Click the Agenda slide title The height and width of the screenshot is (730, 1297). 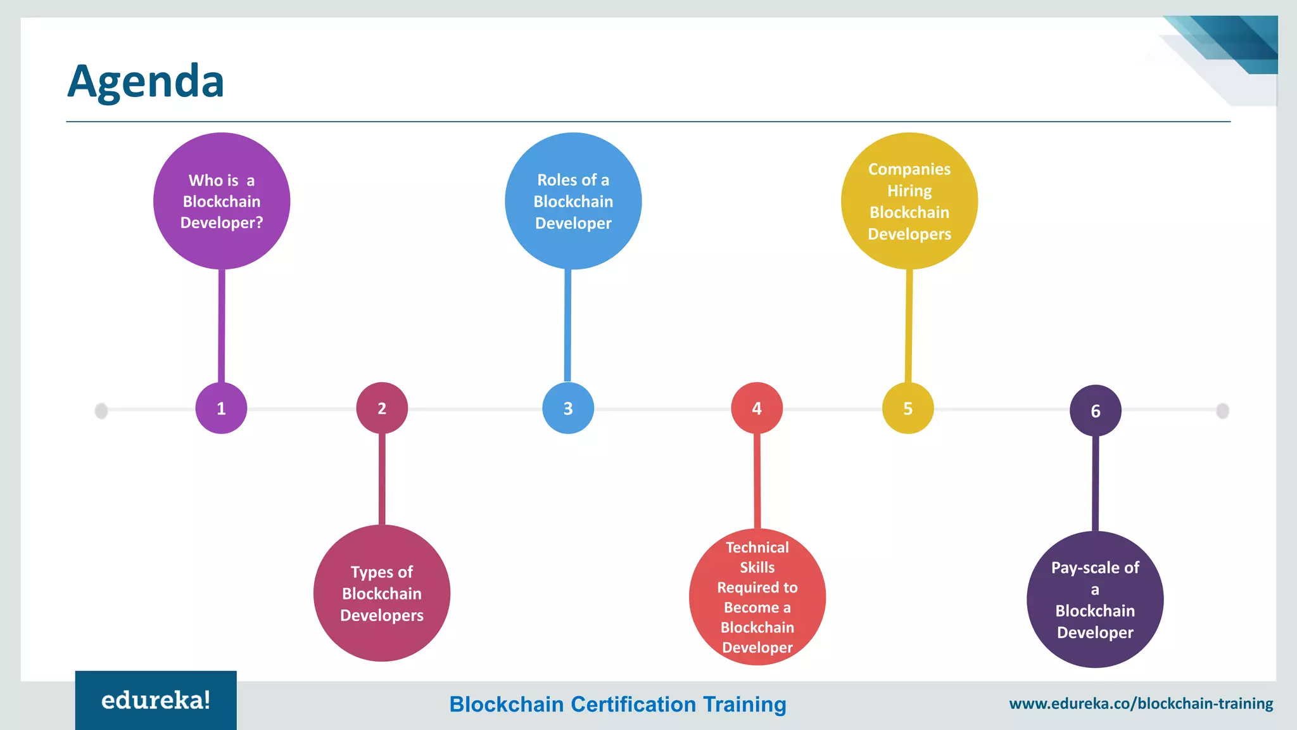146,81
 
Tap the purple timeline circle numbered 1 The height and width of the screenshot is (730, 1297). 221,408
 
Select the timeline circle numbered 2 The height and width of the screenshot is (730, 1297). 382,408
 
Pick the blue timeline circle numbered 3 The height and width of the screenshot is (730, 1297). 568,408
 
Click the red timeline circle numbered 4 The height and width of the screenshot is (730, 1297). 757,408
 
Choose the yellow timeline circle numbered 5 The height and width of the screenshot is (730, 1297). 908,408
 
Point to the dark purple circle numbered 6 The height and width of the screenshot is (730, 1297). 1095,411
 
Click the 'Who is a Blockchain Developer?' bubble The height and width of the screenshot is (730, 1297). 222,201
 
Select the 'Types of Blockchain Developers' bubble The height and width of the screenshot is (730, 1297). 382,593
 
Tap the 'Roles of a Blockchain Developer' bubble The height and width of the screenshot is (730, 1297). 573,201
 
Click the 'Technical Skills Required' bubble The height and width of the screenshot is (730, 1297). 757,597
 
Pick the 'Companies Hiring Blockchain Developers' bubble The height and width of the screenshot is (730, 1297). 909,201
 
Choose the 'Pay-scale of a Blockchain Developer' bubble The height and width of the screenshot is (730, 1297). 1095,599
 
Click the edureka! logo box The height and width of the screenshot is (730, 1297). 156,700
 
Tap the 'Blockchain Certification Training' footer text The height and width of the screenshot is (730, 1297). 617,704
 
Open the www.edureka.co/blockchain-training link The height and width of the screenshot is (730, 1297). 1141,703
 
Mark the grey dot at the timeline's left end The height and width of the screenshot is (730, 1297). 101,411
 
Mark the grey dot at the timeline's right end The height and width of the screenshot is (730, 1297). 1223,411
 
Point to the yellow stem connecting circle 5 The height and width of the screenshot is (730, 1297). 909,326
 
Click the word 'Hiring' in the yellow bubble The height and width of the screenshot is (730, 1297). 909,191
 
